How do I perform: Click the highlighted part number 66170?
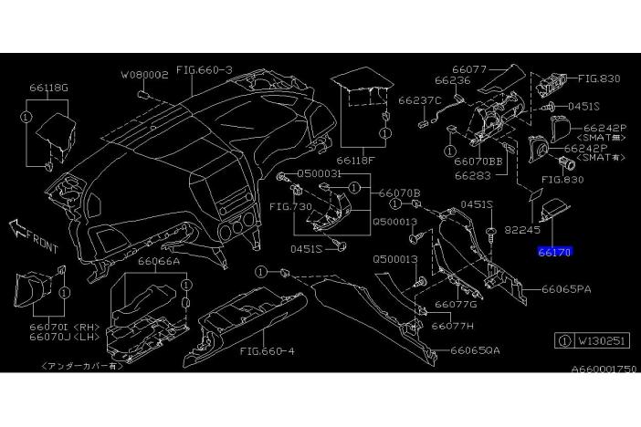coord(554,250)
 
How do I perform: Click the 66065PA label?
coord(566,289)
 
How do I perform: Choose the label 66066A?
coord(159,260)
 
